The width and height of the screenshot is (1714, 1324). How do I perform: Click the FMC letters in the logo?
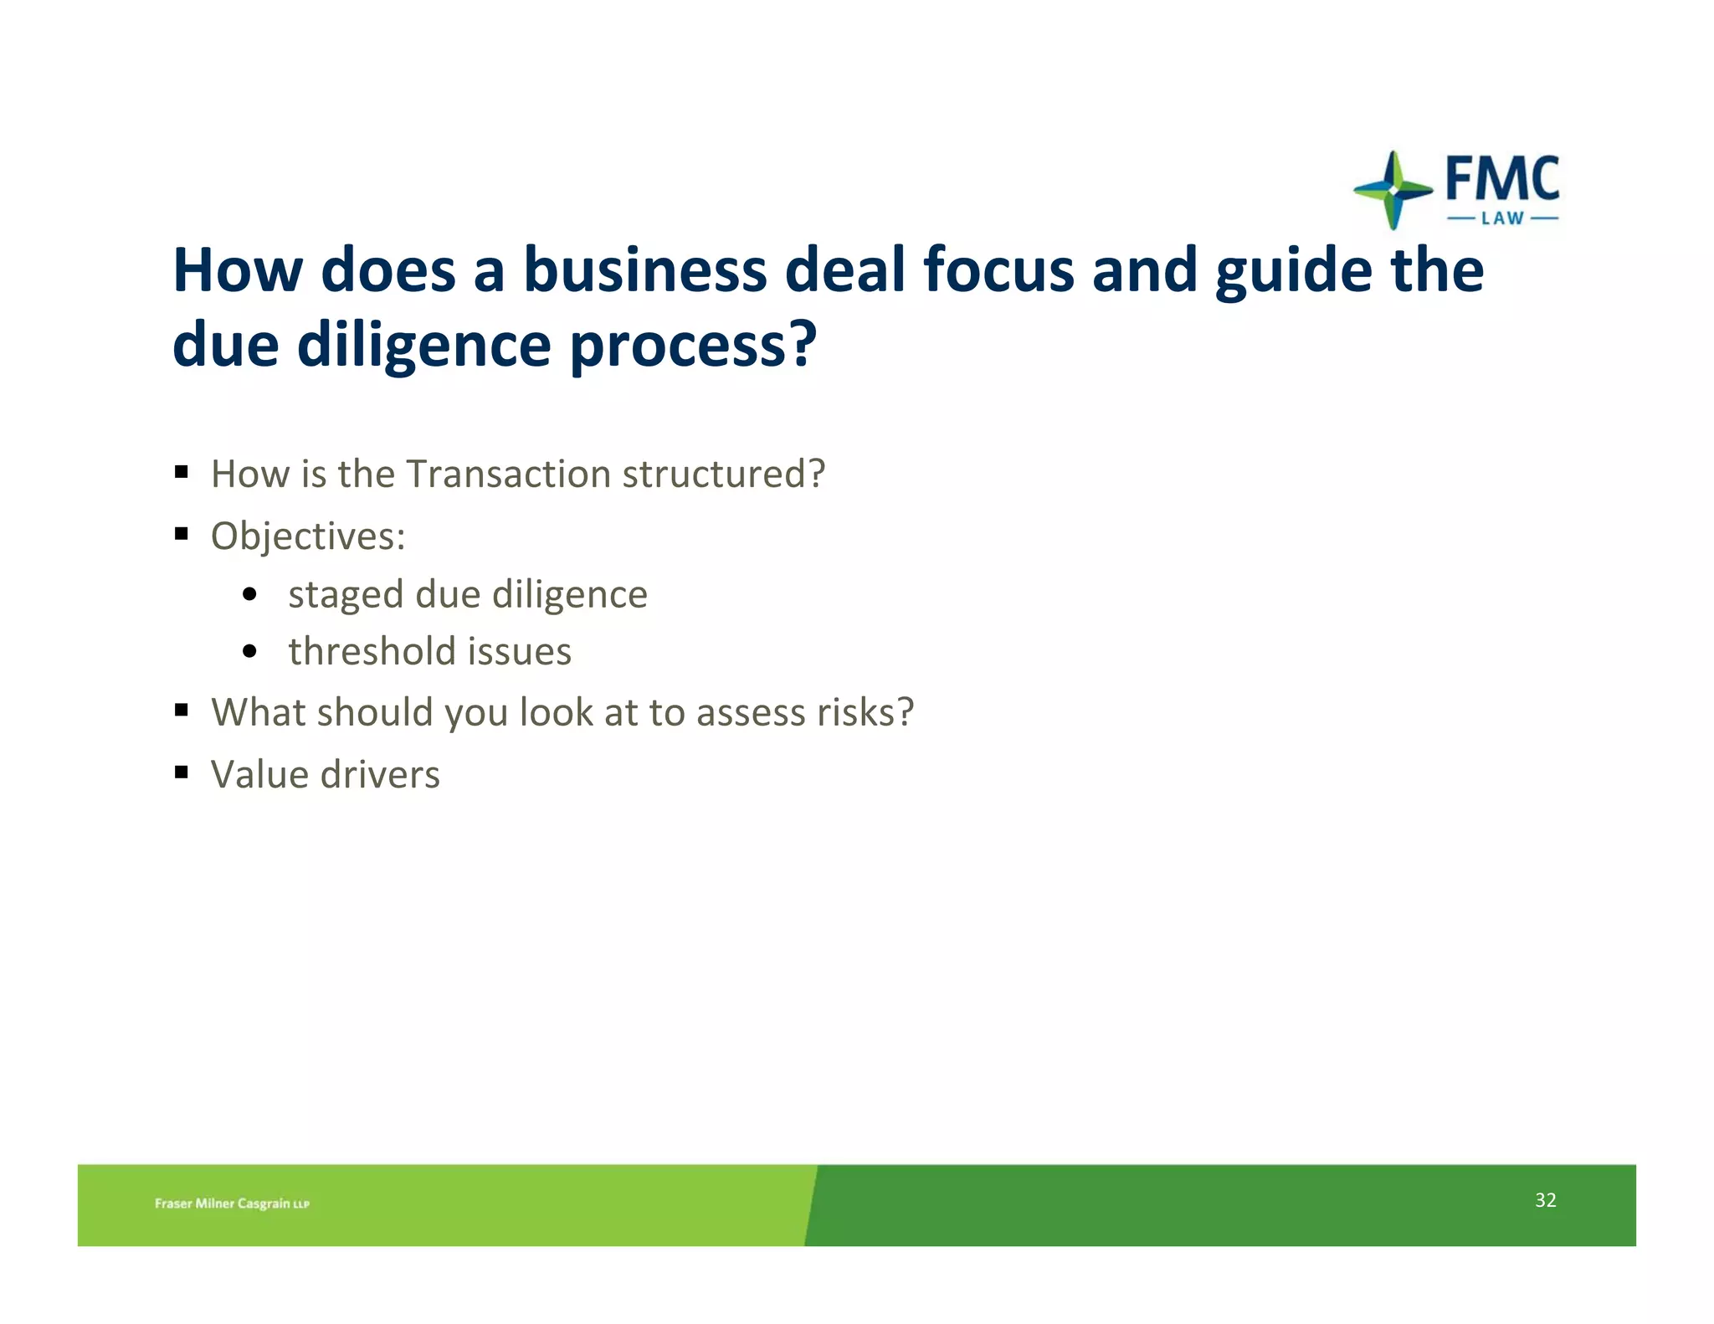coord(1502,178)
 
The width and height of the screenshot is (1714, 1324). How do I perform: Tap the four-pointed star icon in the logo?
coord(1393,190)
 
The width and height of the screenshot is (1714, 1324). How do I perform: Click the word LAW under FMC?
coord(1502,218)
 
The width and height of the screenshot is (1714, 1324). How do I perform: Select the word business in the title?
coord(644,270)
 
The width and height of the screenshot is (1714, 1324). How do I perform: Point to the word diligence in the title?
coord(423,345)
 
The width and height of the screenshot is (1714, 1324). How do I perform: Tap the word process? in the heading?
coord(693,345)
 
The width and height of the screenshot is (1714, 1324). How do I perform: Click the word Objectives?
coord(308,536)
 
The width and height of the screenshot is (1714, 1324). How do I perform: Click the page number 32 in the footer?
coord(1545,1200)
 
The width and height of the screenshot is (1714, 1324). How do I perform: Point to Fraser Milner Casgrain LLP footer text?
coord(232,1203)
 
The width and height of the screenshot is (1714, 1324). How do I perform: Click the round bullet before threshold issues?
coord(249,651)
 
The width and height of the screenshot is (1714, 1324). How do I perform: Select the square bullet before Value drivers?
coord(182,772)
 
